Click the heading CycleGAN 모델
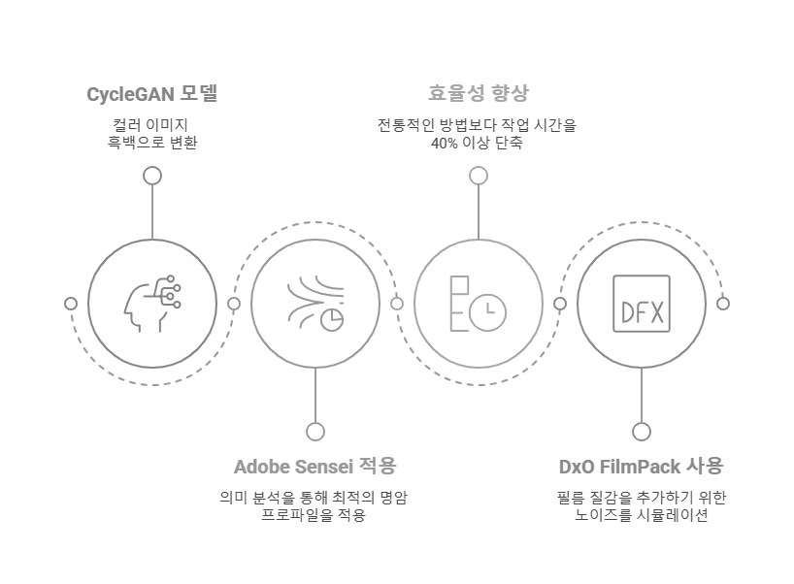point(151,94)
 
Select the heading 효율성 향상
point(478,94)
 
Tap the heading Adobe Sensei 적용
point(314,467)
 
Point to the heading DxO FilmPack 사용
point(641,467)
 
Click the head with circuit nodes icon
point(152,304)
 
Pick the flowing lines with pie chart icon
point(315,304)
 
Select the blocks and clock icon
point(478,304)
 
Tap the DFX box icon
point(641,304)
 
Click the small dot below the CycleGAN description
point(152,176)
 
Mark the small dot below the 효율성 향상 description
point(478,176)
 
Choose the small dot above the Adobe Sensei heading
point(314,432)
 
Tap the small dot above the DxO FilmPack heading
point(641,432)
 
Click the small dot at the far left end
point(71,304)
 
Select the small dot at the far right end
point(722,304)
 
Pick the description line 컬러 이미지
point(151,125)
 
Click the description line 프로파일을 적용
point(314,515)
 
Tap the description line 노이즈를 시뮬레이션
point(641,515)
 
